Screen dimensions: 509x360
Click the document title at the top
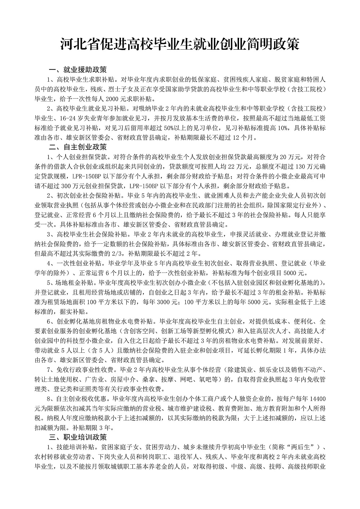coord(180,45)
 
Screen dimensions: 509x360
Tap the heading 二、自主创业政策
coord(78,147)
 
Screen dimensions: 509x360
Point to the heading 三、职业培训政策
coord(78,438)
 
